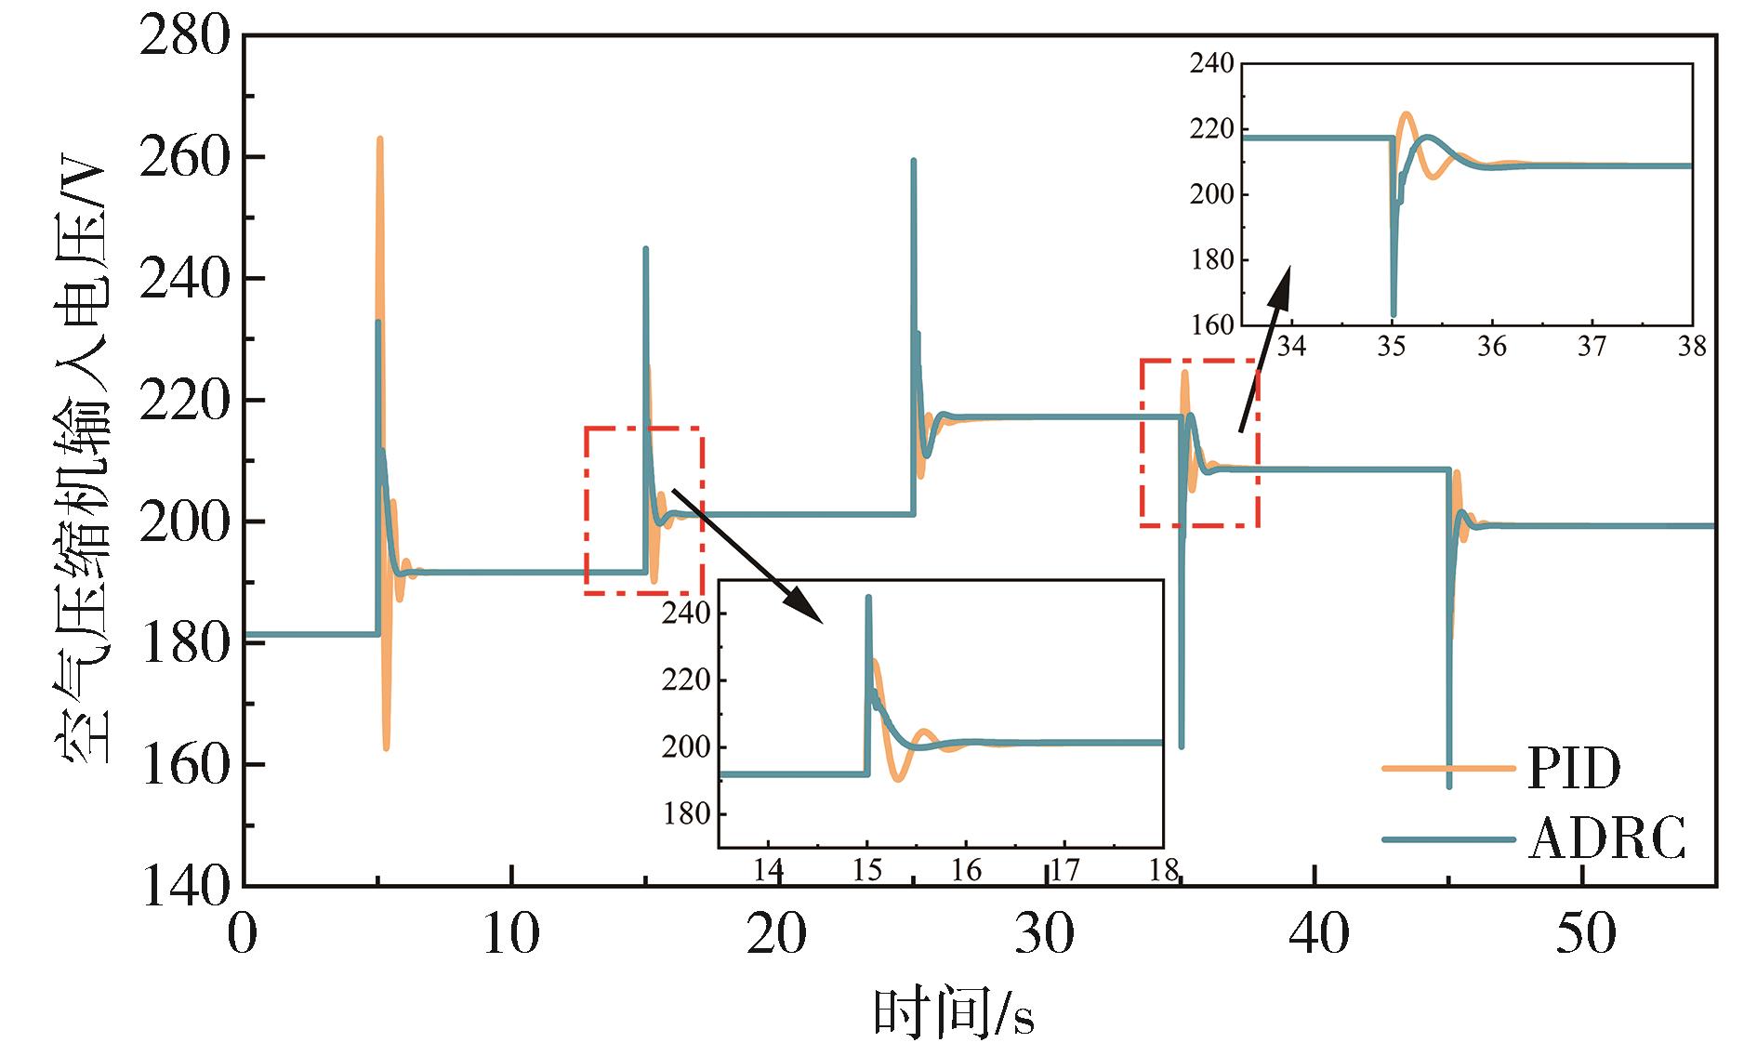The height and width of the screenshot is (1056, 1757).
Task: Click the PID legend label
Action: click(1574, 768)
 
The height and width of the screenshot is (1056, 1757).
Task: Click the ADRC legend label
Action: click(1606, 839)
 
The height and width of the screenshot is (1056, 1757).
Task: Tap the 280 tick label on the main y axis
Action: click(184, 37)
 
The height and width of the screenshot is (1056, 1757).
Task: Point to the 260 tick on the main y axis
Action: click(184, 158)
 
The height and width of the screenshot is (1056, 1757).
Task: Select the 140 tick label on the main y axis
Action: click(184, 887)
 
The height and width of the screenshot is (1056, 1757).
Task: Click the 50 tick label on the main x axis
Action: click(1585, 934)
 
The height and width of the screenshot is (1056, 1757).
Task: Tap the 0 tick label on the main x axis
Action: click(243, 934)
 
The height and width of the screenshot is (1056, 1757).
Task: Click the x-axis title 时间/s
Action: click(954, 1013)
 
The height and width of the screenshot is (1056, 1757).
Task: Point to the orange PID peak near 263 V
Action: click(380, 139)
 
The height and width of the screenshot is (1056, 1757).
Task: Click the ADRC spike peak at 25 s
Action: click(913, 161)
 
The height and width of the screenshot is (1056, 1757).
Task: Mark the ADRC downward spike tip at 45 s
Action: click(1448, 786)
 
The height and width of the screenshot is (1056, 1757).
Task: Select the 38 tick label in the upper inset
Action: click(1692, 347)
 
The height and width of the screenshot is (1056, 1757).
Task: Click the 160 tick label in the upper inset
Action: click(1212, 325)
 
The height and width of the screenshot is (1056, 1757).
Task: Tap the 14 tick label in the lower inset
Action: click(768, 870)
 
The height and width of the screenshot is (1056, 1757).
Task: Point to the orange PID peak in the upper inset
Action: click(1406, 114)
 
